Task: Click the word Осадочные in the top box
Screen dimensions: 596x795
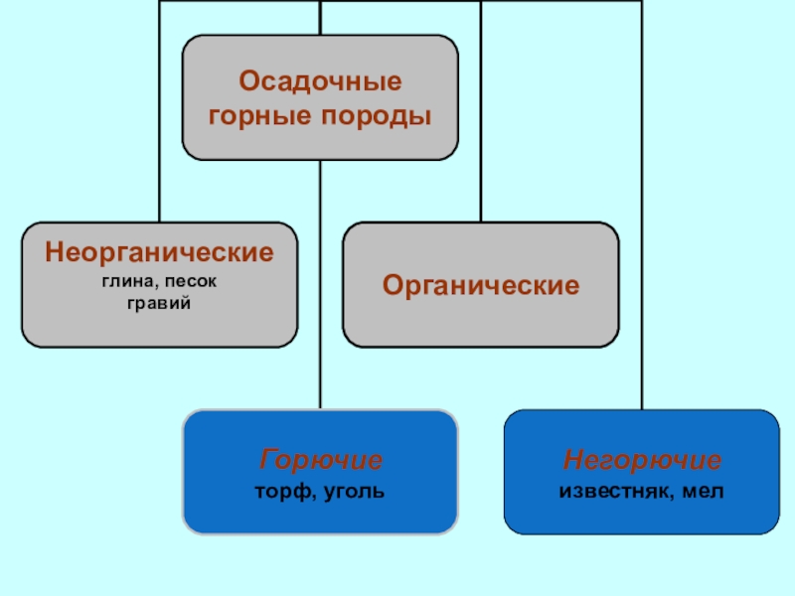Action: pos(320,79)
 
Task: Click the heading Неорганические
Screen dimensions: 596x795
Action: pos(159,252)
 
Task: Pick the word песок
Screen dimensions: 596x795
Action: pos(194,282)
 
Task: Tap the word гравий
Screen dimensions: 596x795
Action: pos(159,302)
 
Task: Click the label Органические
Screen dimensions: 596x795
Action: pos(481,286)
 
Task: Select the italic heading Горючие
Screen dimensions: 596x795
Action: pos(321,461)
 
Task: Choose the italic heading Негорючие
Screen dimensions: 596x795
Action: pos(642,461)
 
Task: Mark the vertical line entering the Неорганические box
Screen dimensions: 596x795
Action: pos(160,109)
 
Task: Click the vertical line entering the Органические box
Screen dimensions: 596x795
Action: pos(480,109)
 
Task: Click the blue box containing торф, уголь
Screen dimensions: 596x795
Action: pos(320,517)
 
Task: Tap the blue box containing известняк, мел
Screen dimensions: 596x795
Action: pos(642,517)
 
